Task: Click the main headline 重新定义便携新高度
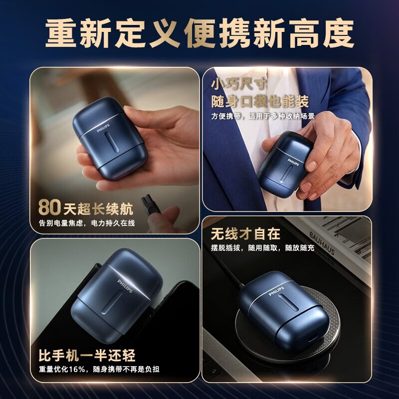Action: coord(199,33)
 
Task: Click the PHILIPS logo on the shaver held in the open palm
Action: coord(103,128)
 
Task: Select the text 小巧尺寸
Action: coord(239,84)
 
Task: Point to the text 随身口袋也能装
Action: coord(260,101)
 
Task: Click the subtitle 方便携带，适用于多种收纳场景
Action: coord(263,116)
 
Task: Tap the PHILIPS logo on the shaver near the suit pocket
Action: coord(293,162)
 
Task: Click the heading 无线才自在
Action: coord(245,233)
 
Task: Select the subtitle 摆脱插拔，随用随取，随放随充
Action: coord(263,247)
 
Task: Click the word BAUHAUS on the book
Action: coord(322,243)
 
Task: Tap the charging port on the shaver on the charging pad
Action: coord(313,338)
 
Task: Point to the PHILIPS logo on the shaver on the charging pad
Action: coord(276,291)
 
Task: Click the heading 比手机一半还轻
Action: coord(87,355)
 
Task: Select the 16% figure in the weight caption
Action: coord(77,369)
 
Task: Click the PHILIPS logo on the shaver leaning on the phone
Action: coord(125,286)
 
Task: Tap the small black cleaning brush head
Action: coord(147,202)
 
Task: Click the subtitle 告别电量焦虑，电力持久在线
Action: coord(87,223)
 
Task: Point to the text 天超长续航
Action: coord(98,209)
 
